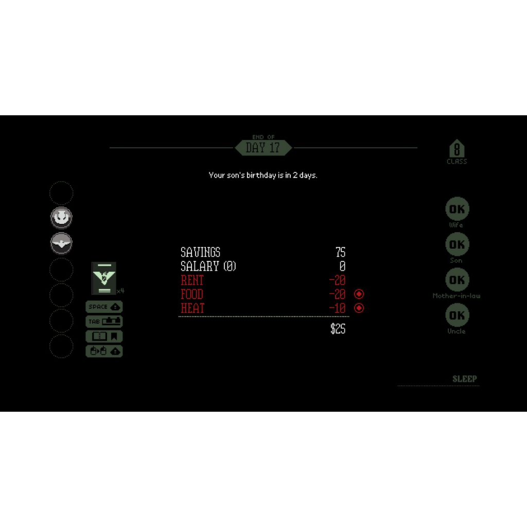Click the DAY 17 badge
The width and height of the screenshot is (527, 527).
click(263, 148)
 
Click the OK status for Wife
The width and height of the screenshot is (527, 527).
click(457, 209)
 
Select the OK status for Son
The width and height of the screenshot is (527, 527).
click(457, 244)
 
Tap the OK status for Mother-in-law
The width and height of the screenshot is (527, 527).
click(457, 280)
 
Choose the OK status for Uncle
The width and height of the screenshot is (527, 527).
click(457, 315)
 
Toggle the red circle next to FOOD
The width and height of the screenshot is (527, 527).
click(359, 294)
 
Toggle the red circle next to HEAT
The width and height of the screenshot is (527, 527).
click(359, 308)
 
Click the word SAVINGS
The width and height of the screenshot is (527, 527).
click(200, 252)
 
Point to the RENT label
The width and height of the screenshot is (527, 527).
click(192, 280)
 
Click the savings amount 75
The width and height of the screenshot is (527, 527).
click(340, 252)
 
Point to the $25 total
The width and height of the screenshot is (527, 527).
click(338, 329)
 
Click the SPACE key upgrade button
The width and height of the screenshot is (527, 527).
click(104, 307)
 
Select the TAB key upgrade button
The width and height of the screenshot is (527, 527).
click(104, 322)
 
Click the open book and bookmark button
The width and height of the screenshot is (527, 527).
click(104, 337)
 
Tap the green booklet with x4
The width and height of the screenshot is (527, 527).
click(103, 278)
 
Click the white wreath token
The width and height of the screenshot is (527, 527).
click(61, 218)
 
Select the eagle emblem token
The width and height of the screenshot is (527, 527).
click(61, 243)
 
